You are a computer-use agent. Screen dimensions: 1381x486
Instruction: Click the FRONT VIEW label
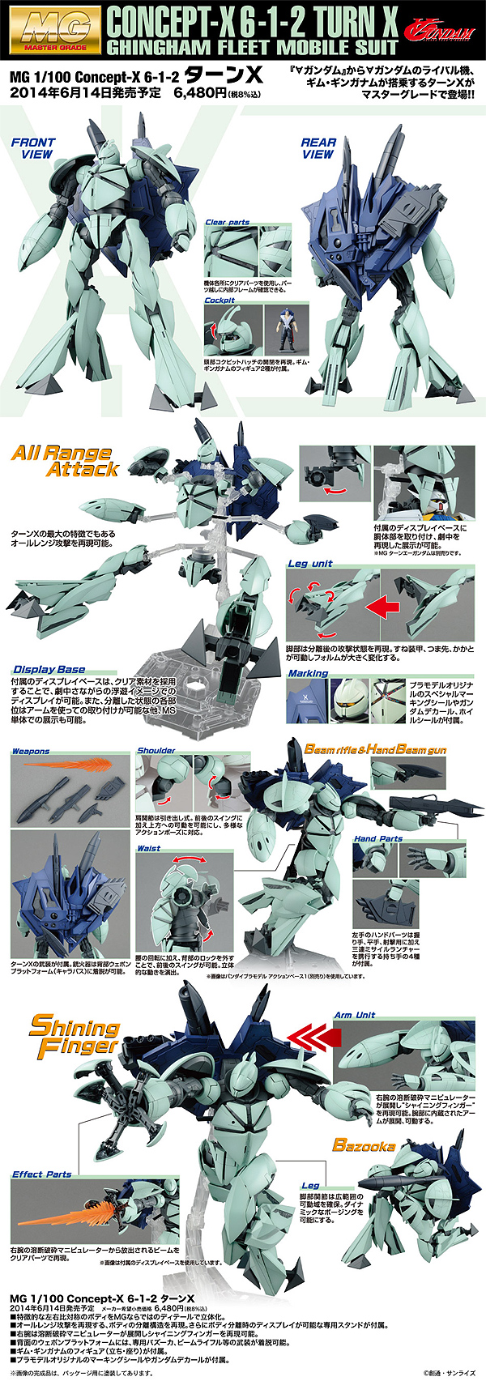coord(32,147)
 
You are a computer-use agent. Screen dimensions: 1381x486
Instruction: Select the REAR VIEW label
coord(318,147)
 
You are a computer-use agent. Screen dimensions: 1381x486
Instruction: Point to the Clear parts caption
coord(228,222)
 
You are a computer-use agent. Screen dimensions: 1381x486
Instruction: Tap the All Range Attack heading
coord(66,461)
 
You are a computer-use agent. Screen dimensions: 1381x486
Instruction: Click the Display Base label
coord(49,669)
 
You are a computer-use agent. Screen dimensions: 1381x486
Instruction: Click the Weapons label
coord(31,752)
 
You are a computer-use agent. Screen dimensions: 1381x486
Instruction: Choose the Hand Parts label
coord(378,839)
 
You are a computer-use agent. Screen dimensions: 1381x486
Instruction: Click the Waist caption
coord(149,848)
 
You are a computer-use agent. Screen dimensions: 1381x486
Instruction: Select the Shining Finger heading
coord(74,1037)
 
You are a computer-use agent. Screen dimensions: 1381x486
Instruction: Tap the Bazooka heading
coord(364,1145)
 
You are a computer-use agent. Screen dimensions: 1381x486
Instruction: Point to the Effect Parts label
coord(42,1174)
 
